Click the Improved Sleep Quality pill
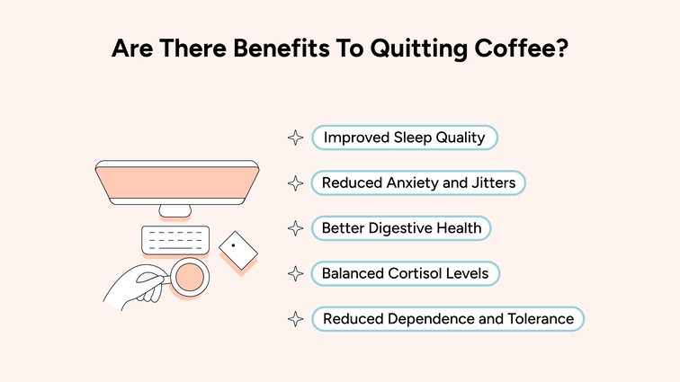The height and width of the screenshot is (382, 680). click(x=404, y=138)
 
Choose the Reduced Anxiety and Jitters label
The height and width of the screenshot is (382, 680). click(x=418, y=182)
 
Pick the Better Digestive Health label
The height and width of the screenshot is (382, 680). click(x=401, y=228)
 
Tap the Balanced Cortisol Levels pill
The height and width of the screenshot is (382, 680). click(x=404, y=273)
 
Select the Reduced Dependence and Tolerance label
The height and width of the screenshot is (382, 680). click(x=448, y=318)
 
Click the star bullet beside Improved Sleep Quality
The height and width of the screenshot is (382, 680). click(x=294, y=138)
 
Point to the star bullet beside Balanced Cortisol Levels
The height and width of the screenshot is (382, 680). click(x=294, y=273)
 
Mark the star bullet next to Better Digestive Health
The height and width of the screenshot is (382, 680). click(x=294, y=228)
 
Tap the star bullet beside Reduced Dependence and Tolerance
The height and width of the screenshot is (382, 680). click(x=294, y=318)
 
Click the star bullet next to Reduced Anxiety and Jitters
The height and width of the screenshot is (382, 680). click(x=294, y=182)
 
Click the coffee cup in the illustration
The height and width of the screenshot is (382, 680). click(x=190, y=277)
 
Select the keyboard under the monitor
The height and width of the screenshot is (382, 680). click(x=175, y=240)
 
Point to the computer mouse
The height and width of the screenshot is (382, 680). click(x=236, y=245)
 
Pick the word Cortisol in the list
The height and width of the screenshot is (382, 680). click(x=417, y=273)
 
